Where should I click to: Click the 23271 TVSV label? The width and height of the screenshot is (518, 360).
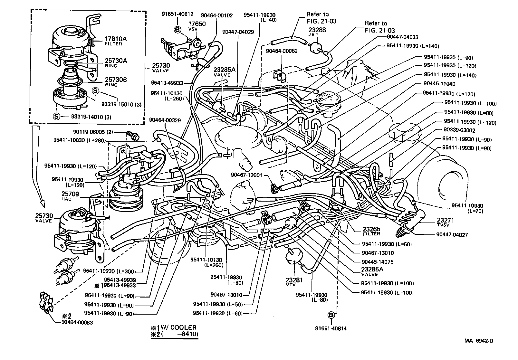coord(445,223)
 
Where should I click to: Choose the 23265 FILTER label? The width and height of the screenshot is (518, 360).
coord(371,231)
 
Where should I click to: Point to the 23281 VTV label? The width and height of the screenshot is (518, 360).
coord(294,282)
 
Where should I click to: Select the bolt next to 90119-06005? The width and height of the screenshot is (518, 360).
coord(132,135)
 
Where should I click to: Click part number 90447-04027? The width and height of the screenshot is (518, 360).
coord(452,235)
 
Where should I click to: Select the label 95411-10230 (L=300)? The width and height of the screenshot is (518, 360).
coord(109,271)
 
